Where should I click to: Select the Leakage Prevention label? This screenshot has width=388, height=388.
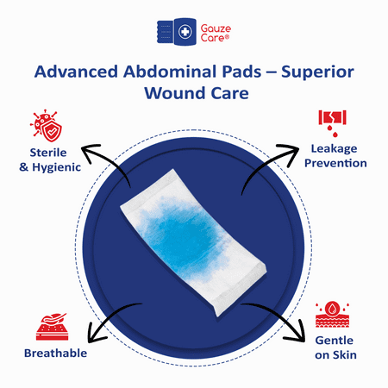tap(339, 156)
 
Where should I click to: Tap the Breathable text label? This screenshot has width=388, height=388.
tap(48, 353)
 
